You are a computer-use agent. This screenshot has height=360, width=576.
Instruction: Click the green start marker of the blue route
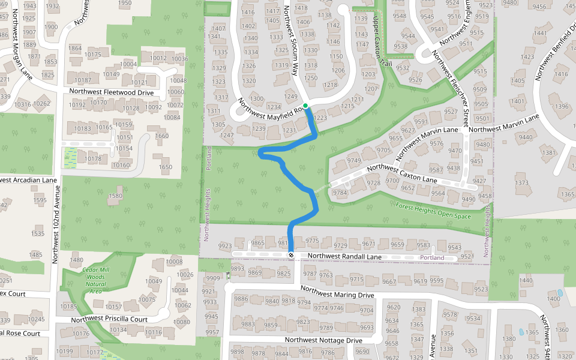click(x=305, y=106)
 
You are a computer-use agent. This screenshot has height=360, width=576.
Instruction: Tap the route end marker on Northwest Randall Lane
click(x=291, y=256)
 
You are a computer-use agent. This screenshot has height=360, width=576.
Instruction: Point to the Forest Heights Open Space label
click(x=433, y=211)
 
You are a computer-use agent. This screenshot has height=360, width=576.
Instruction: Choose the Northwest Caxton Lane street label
click(x=401, y=174)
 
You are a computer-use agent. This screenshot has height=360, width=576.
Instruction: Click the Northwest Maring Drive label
click(x=337, y=292)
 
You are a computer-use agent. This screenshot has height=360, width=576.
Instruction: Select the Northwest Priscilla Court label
click(x=109, y=319)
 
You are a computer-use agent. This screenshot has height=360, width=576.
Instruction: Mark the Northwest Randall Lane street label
click(x=344, y=256)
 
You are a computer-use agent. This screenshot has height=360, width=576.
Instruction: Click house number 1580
click(x=115, y=196)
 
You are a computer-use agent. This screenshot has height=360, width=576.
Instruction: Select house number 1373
click(x=521, y=183)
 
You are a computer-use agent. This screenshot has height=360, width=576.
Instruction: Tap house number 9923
click(x=225, y=246)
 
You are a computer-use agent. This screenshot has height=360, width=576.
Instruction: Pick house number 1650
click(x=165, y=167)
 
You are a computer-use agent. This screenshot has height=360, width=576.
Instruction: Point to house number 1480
click(x=77, y=260)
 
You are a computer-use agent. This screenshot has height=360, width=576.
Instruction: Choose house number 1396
click(x=562, y=107)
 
